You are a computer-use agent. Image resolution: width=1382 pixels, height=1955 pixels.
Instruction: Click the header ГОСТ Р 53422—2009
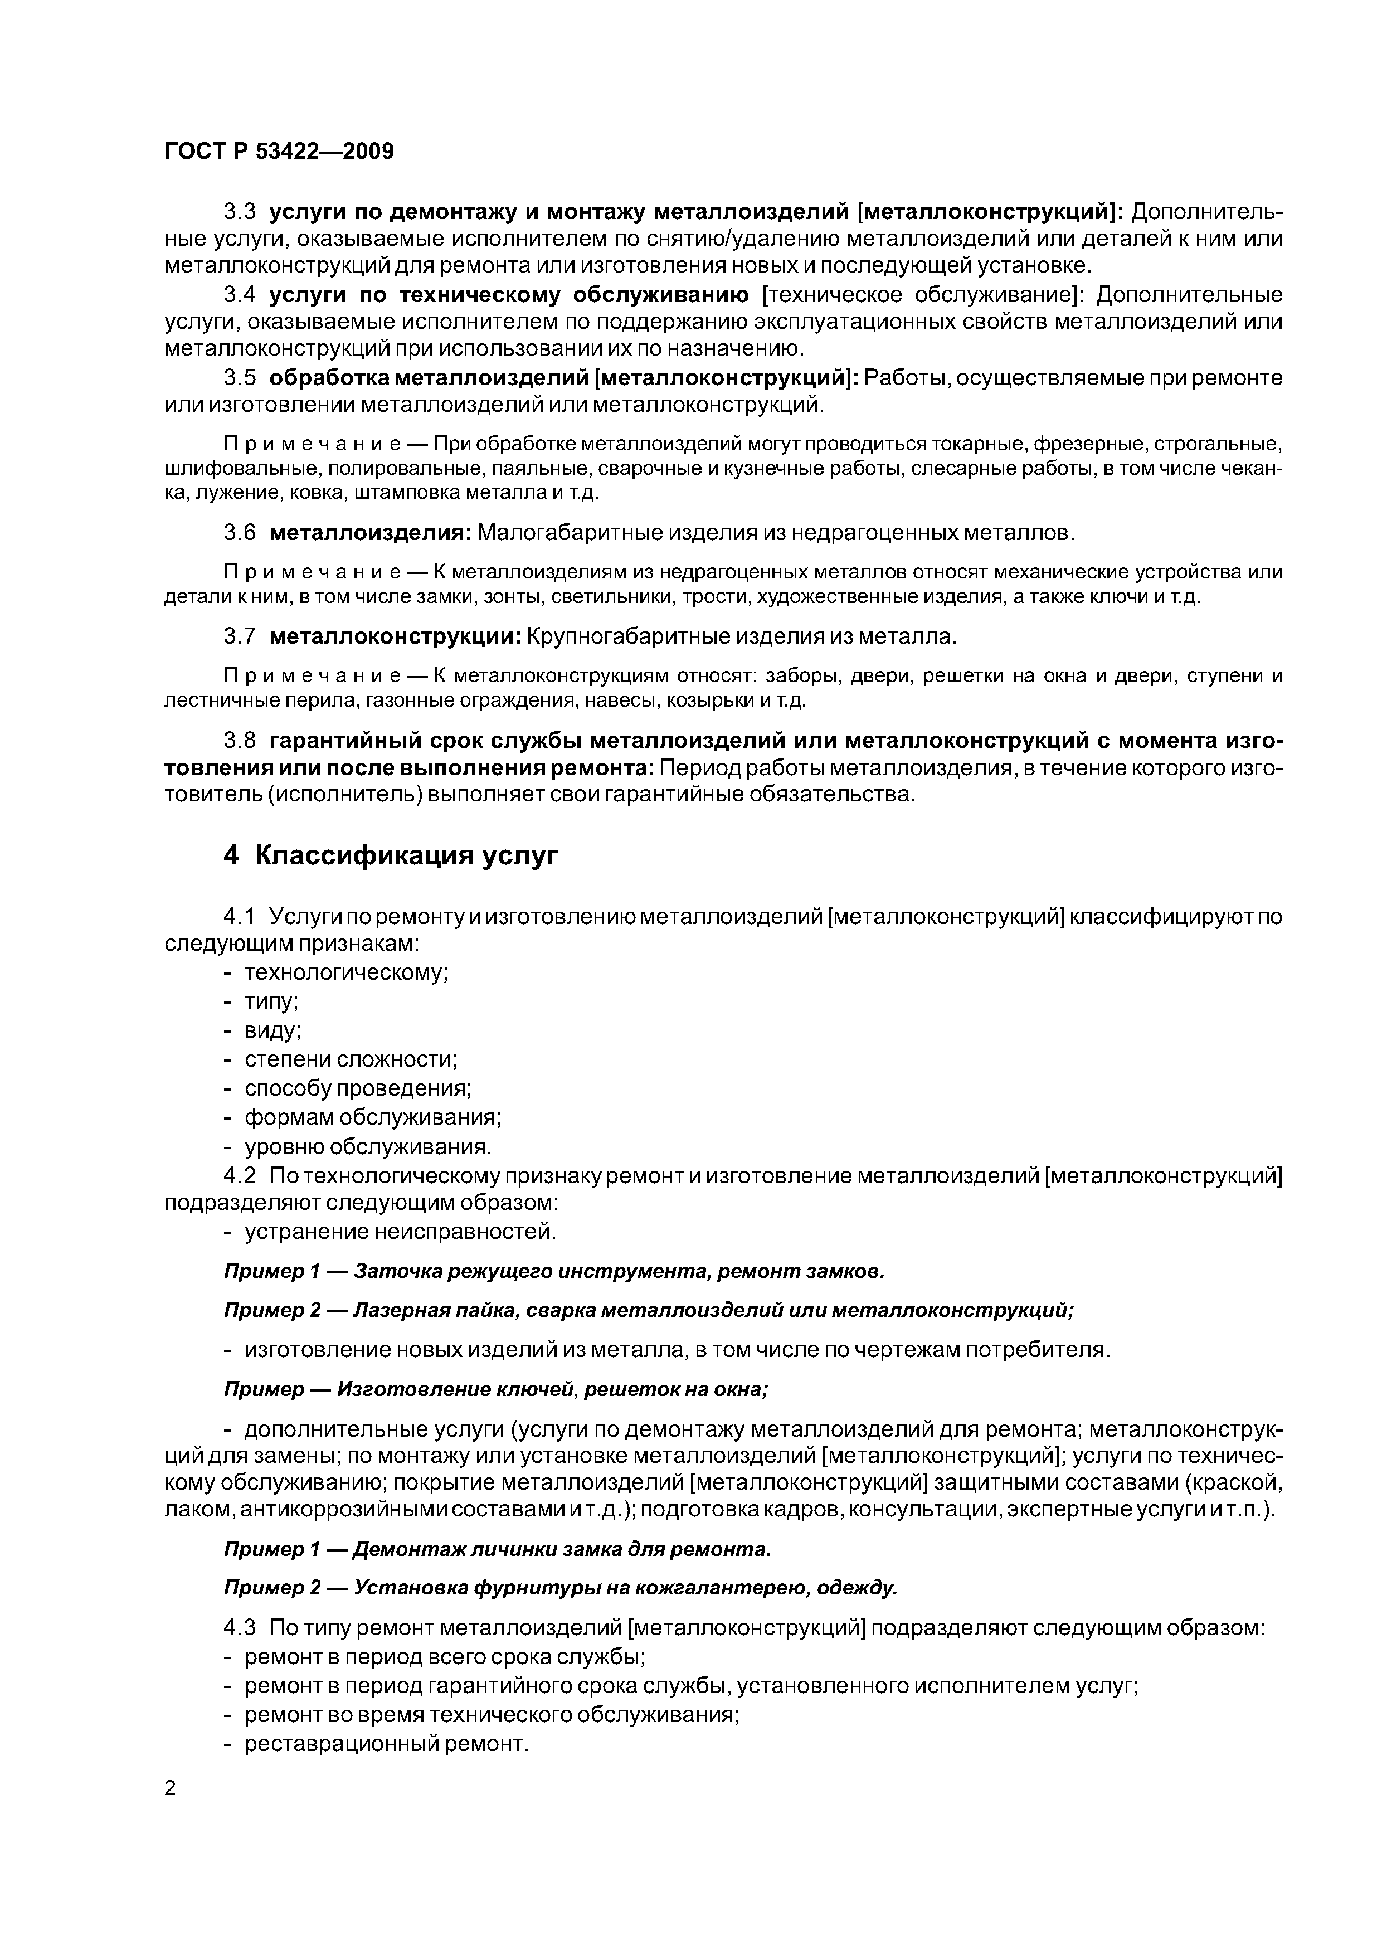click(279, 152)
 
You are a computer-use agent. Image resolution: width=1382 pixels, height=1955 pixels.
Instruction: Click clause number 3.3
click(239, 211)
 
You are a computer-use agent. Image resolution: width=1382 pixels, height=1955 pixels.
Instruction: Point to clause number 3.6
click(239, 533)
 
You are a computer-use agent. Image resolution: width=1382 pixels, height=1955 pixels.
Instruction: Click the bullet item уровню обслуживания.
click(368, 1147)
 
